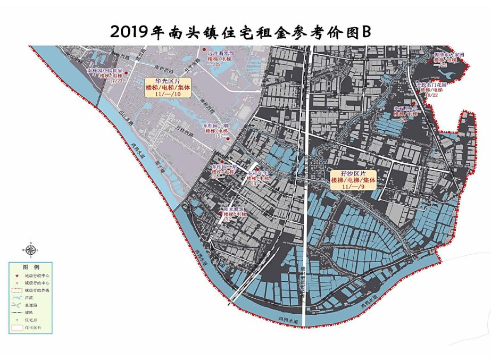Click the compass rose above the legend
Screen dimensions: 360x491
[x=30, y=249]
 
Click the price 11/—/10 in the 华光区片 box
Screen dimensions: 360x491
[x=165, y=94]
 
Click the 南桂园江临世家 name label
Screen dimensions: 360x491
[x=105, y=70]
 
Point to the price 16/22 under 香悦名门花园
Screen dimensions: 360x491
[x=431, y=96]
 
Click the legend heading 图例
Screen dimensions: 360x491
[x=30, y=266]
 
